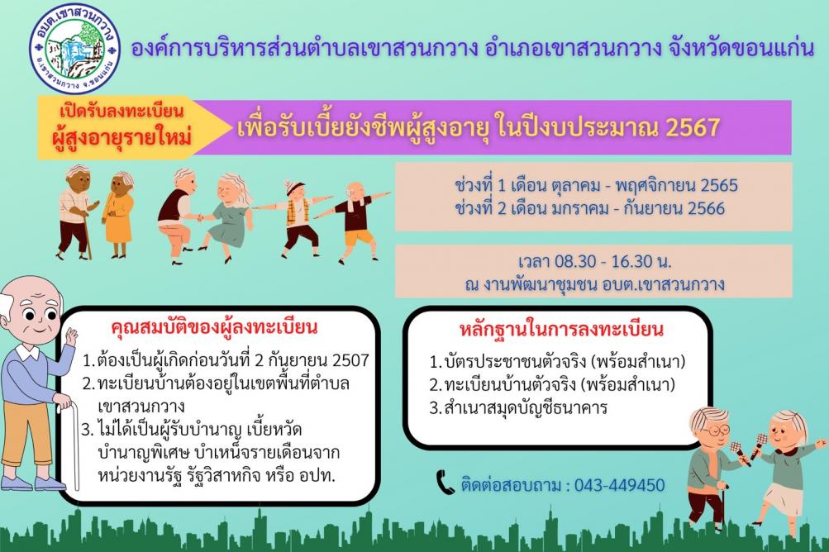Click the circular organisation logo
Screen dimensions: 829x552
[x=75, y=49]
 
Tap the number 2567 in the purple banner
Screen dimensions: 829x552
[x=693, y=127]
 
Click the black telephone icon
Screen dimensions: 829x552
[x=445, y=483]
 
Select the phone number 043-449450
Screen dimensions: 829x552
[x=619, y=485]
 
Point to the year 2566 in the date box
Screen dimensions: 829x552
[x=705, y=208]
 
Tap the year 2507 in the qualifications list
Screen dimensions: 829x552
[x=350, y=360]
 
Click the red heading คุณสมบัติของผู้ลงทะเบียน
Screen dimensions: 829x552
[x=214, y=327]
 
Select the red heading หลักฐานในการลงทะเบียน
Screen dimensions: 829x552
[x=561, y=329]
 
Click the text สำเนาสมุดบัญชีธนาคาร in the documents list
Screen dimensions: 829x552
[x=526, y=408]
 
